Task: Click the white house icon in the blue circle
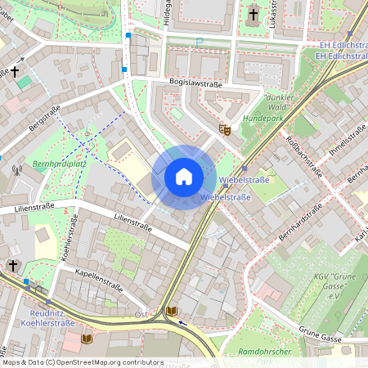click(184, 177)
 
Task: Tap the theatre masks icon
click(224, 128)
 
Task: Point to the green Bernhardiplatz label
click(38, 164)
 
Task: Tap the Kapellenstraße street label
click(97, 280)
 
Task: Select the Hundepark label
click(263, 117)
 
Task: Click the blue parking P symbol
click(198, 42)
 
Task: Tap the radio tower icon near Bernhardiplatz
click(16, 172)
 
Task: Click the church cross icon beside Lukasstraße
click(253, 14)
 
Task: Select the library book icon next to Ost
click(172, 311)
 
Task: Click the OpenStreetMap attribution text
click(82, 361)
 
